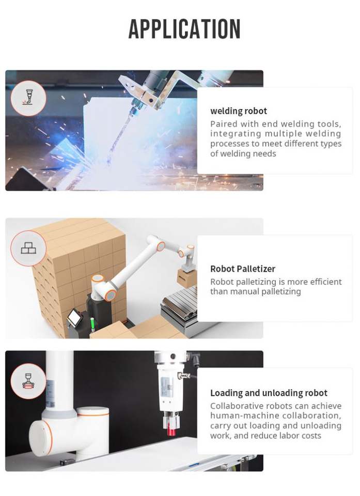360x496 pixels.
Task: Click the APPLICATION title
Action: tap(184, 29)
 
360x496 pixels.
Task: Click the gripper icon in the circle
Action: tap(28, 381)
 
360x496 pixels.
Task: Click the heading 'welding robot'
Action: tap(239, 111)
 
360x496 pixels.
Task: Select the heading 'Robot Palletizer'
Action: tap(243, 269)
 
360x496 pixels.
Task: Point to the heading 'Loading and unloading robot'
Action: tap(269, 393)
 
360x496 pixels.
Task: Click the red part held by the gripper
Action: tap(171, 431)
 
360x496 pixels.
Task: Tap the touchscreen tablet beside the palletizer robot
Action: tap(75, 317)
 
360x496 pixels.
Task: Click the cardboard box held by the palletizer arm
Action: tap(186, 278)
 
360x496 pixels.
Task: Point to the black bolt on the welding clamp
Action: tap(151, 101)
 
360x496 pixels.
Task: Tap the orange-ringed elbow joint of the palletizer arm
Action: tap(161, 246)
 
